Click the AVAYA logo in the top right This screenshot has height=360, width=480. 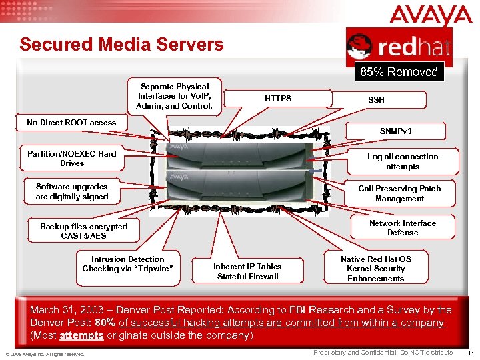tap(431, 15)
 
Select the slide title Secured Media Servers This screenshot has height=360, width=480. tap(121, 45)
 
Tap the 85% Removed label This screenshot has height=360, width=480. tap(399, 72)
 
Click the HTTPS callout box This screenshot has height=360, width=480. tap(278, 99)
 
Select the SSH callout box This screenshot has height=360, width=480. tap(376, 100)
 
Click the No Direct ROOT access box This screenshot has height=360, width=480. tap(71, 123)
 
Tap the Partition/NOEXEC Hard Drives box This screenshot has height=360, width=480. tap(72, 159)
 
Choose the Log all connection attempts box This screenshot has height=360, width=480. tap(403, 161)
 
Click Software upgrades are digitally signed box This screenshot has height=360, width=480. tap(72, 192)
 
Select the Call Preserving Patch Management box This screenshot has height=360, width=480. tap(399, 193)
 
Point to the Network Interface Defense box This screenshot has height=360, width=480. tap(403, 228)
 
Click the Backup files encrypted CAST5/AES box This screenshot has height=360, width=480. tap(83, 231)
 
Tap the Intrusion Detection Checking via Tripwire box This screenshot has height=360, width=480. tap(127, 264)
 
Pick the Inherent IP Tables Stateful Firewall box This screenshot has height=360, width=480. tap(247, 271)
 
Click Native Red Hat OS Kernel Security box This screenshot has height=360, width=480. tap(376, 269)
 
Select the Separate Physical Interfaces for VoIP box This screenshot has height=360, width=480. tap(175, 97)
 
